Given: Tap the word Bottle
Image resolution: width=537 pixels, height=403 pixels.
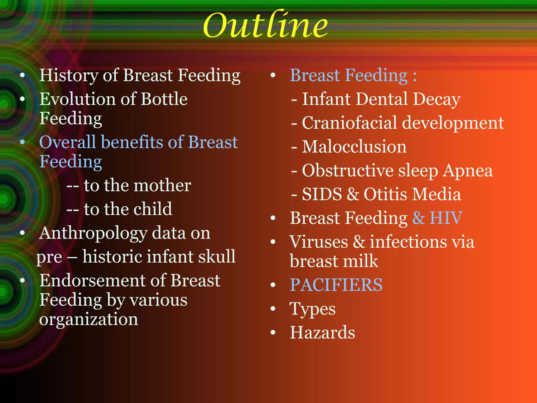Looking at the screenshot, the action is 164,99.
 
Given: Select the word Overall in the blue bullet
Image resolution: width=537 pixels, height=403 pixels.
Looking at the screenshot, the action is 67,142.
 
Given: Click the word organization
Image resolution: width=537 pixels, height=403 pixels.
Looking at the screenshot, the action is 89,320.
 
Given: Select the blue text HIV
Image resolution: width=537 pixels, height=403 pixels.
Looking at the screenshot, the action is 446,218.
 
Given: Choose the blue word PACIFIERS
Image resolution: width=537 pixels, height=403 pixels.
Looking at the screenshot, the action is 336,285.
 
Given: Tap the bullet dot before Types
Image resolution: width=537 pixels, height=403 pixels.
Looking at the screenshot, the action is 273,309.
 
